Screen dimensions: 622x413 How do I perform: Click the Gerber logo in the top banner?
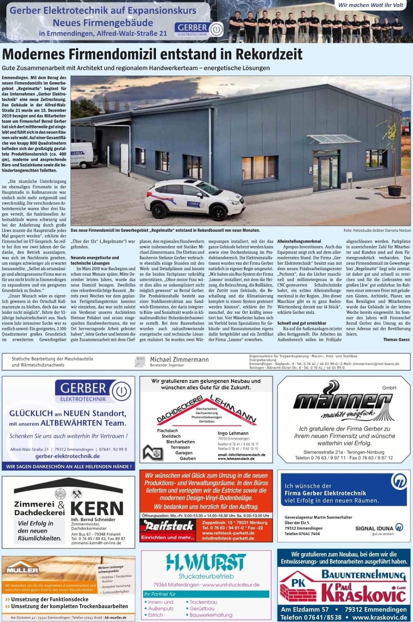click(198, 29)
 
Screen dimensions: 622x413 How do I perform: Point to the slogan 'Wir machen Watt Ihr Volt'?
click(371, 5)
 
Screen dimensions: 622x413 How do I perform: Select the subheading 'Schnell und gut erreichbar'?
click(302, 323)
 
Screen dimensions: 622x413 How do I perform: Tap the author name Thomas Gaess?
click(396, 339)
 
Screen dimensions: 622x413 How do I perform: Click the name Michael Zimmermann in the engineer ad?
click(179, 360)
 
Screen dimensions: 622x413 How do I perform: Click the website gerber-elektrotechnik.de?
click(68, 456)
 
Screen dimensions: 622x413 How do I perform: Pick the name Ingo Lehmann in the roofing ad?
click(233, 433)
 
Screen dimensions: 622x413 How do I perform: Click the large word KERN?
click(97, 508)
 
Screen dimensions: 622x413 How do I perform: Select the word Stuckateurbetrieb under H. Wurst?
click(206, 576)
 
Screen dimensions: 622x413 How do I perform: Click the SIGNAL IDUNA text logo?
click(374, 528)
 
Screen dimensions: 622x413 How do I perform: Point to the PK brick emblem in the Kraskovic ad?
click(300, 587)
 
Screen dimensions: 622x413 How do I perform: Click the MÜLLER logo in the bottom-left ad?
click(22, 570)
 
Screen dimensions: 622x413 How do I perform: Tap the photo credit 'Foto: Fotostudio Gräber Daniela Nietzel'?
click(377, 231)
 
